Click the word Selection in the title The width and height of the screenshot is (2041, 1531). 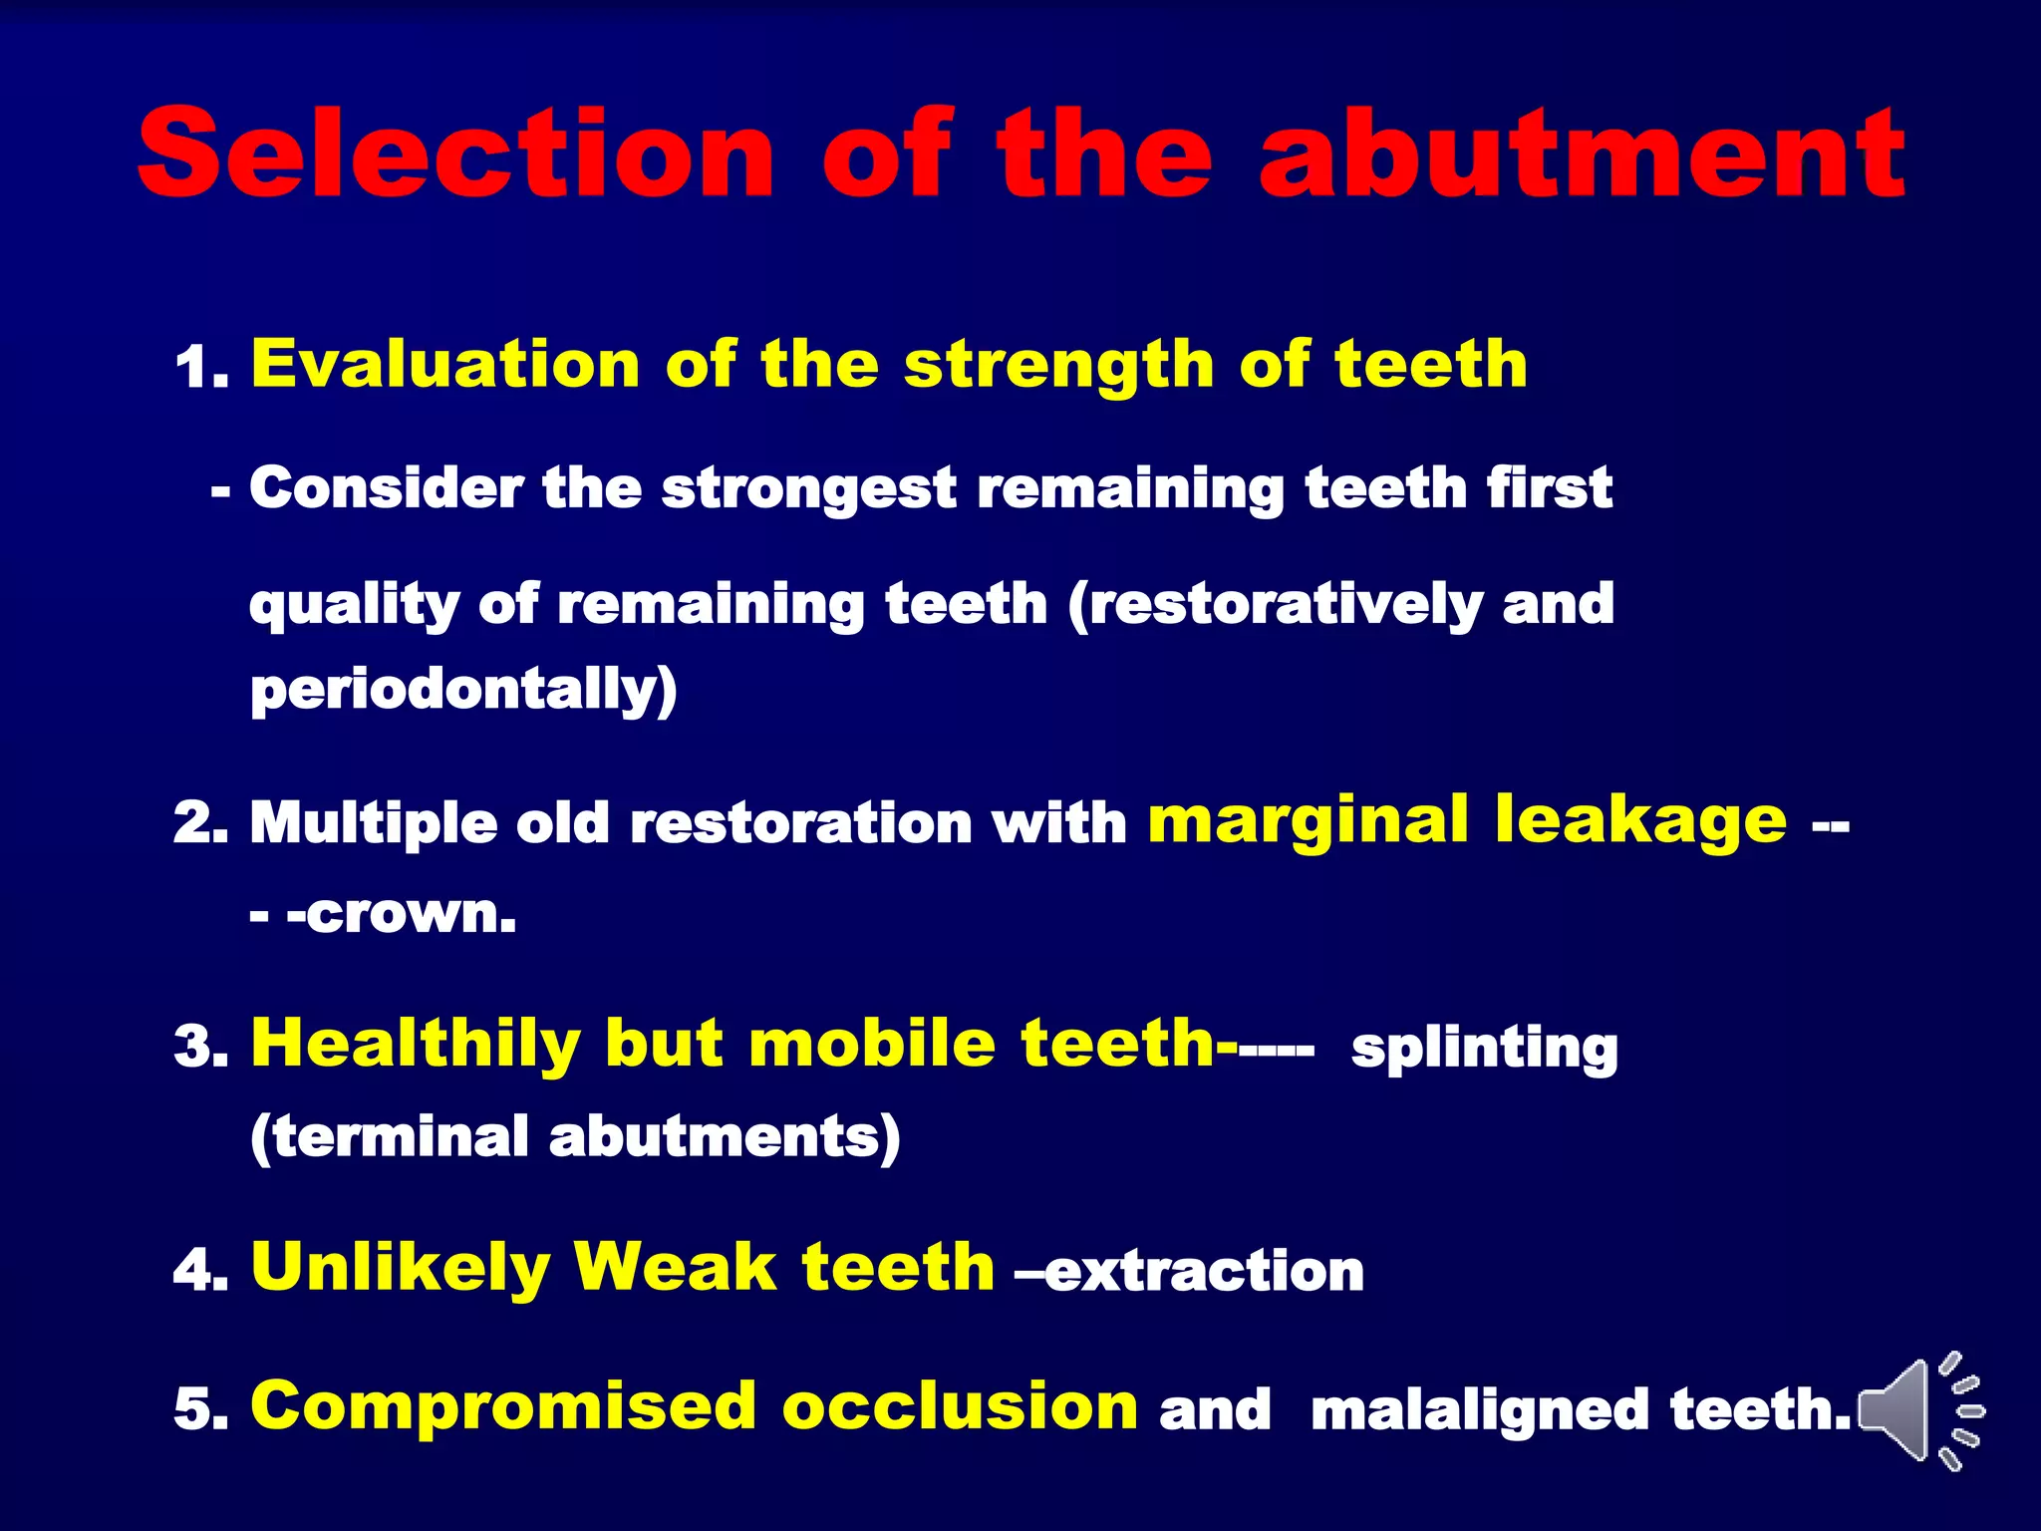point(454,154)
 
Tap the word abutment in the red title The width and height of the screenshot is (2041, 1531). point(1583,154)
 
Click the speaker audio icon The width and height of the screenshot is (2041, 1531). point(1918,1410)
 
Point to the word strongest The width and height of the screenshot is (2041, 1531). point(808,489)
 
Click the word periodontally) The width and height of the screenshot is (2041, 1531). point(463,690)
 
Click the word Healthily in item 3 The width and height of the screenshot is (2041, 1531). point(416,1044)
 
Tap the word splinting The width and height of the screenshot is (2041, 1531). point(1484,1049)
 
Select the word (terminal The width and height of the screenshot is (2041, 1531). point(388,1137)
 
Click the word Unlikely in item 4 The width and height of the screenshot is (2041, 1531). point(401,1268)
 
